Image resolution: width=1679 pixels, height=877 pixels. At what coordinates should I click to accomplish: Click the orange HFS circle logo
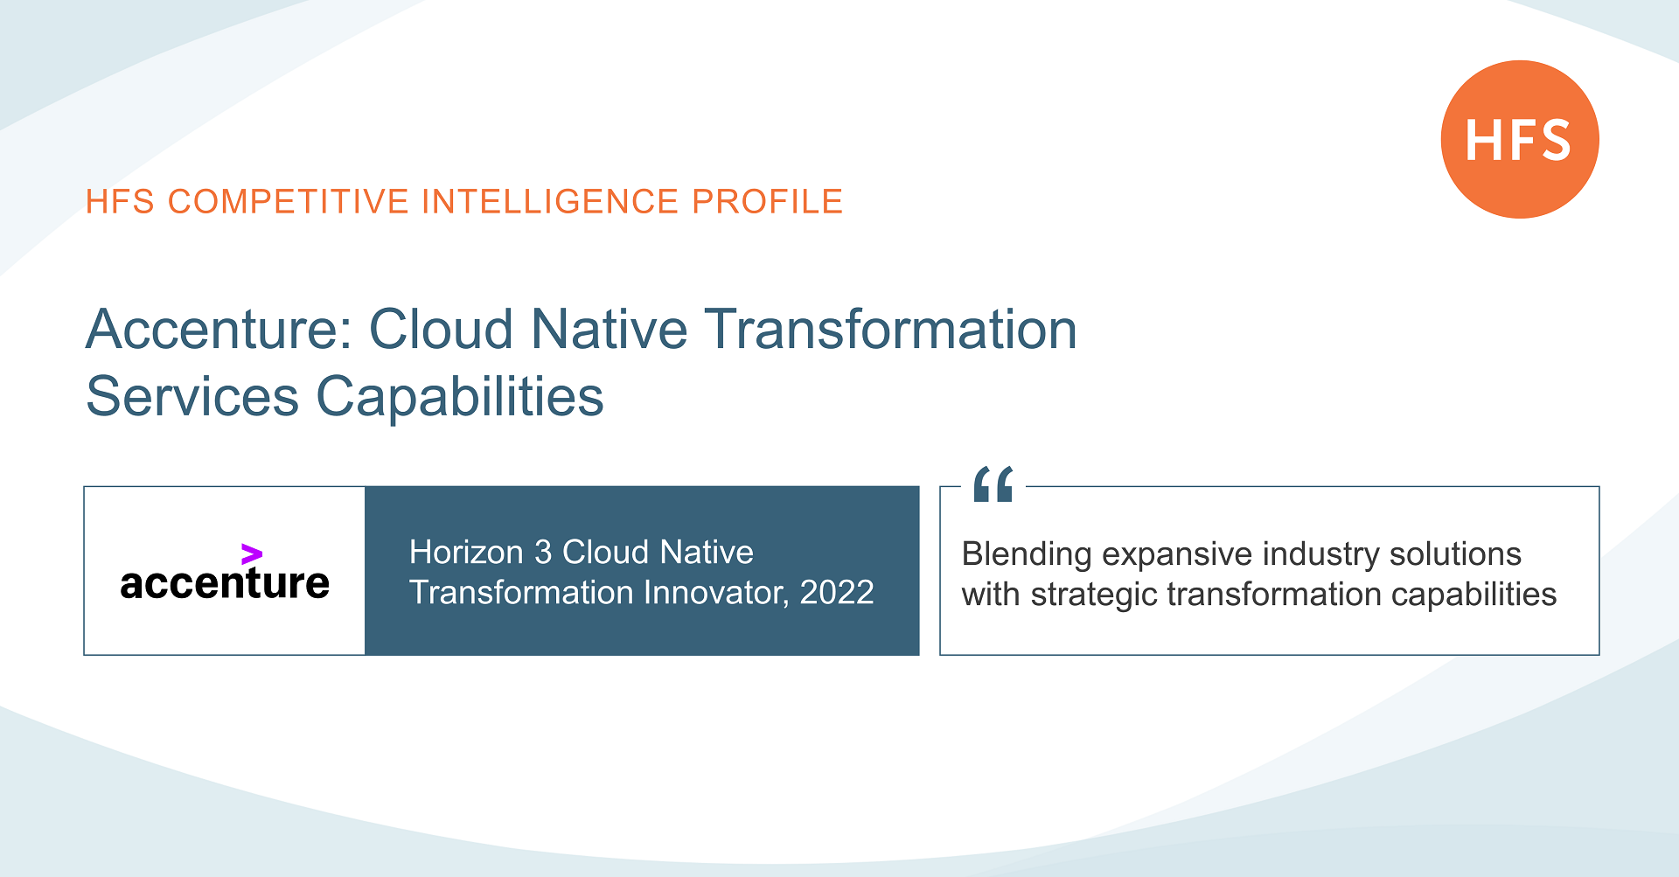(1519, 140)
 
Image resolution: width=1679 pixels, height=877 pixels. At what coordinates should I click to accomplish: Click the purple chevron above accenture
(252, 553)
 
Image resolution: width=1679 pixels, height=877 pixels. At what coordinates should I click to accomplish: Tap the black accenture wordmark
(225, 584)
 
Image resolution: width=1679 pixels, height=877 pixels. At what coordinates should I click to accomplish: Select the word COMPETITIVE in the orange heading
(288, 202)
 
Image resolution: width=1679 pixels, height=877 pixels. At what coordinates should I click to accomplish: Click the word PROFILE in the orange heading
(767, 202)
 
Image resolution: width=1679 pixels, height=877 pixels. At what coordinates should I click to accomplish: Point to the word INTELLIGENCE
(550, 202)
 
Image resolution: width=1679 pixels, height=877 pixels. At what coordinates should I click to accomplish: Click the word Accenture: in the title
(219, 331)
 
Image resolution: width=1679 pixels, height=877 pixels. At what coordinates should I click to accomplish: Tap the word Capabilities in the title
(459, 397)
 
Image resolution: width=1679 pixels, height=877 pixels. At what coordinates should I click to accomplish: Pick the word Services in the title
(192, 397)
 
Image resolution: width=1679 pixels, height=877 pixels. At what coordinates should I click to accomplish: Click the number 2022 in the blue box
(836, 593)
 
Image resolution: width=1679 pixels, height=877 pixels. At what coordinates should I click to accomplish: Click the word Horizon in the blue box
(466, 553)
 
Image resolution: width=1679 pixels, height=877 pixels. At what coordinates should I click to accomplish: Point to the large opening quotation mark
(993, 484)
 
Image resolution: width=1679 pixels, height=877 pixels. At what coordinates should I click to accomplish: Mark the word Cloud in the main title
(441, 331)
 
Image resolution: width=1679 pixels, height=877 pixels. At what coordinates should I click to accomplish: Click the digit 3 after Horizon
(543, 553)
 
